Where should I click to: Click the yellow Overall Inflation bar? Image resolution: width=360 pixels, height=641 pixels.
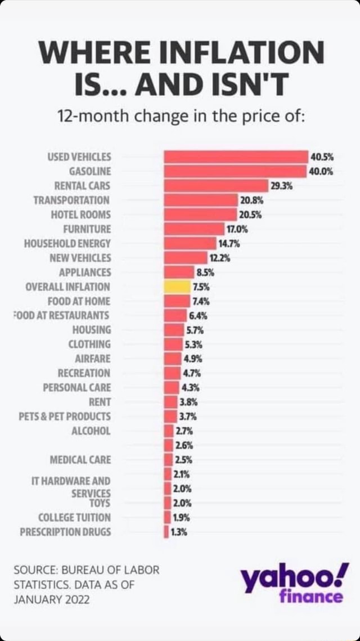[177, 286]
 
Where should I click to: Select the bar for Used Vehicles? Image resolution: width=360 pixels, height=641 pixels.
[236, 156]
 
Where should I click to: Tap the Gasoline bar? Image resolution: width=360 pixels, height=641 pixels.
[235, 171]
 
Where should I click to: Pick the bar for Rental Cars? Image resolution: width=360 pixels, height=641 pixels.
[216, 185]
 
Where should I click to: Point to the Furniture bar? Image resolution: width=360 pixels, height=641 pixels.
[194, 228]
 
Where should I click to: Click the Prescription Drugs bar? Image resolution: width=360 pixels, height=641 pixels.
[166, 531]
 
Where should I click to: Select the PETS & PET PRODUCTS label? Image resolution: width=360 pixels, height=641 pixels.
[71, 416]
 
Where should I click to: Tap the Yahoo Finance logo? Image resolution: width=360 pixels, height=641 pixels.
[294, 585]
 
